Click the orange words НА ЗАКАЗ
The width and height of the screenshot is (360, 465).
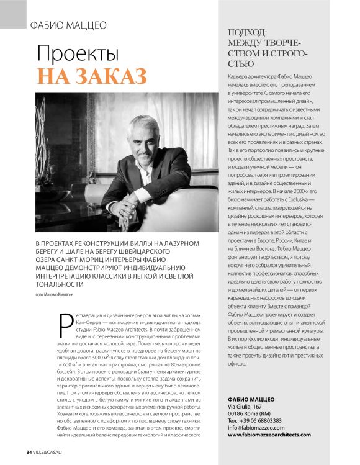[x=92, y=74]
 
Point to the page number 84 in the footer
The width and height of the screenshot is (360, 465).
[x=29, y=451]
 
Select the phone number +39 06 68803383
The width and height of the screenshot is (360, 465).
[x=268, y=420]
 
